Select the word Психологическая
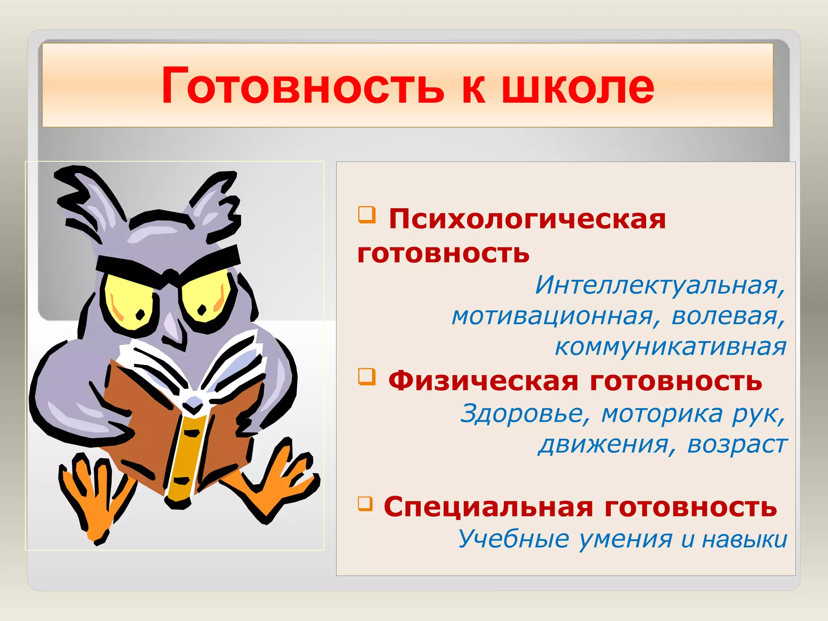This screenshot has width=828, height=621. (x=527, y=220)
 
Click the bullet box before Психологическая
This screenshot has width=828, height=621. (x=367, y=214)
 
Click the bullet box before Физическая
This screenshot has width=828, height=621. (x=367, y=376)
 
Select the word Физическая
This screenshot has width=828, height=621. (x=483, y=381)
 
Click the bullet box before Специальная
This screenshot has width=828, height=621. (x=365, y=503)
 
